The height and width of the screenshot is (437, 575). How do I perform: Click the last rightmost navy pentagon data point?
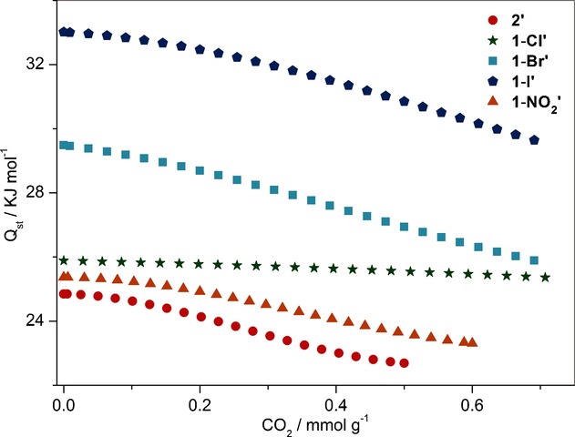pyautogui.click(x=534, y=140)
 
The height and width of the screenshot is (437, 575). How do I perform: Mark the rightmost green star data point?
pyautogui.click(x=545, y=278)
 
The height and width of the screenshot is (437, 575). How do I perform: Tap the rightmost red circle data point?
pyautogui.click(x=404, y=362)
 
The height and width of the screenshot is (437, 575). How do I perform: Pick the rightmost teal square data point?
pyautogui.click(x=534, y=260)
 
